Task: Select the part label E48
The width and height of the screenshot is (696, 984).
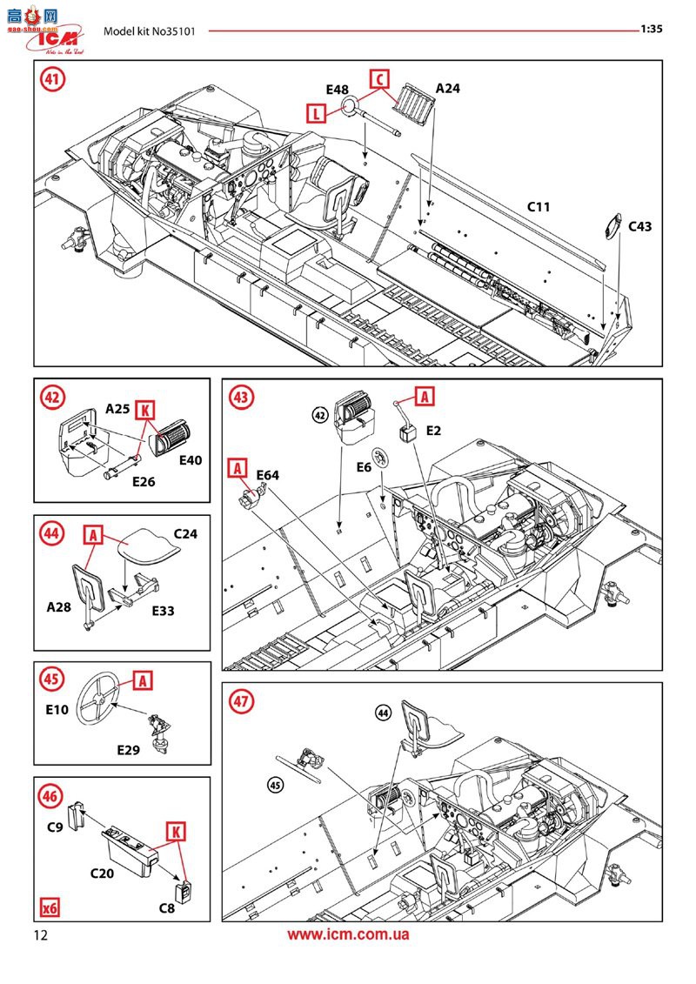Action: pos(337,90)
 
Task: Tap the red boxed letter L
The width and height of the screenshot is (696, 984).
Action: pos(317,111)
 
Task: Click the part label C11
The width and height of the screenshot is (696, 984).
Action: pos(539,207)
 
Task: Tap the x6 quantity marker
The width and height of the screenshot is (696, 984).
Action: pos(50,907)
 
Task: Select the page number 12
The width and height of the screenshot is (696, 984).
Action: pos(41,935)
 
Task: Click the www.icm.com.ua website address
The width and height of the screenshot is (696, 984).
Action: pos(348,935)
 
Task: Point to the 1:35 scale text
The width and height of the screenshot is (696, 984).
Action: pos(652,29)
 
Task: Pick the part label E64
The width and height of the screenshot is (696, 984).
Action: pos(267,475)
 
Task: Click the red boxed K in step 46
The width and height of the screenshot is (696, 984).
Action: pos(177,833)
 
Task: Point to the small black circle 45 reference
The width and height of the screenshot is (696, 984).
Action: pos(276,784)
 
